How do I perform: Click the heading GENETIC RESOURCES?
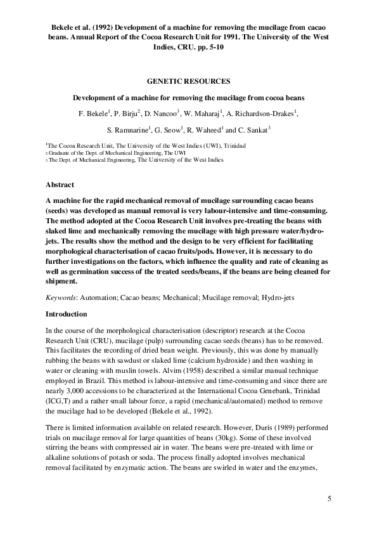tap(188, 82)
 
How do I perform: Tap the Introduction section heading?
tap(69, 315)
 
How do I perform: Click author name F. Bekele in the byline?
tap(93, 114)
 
